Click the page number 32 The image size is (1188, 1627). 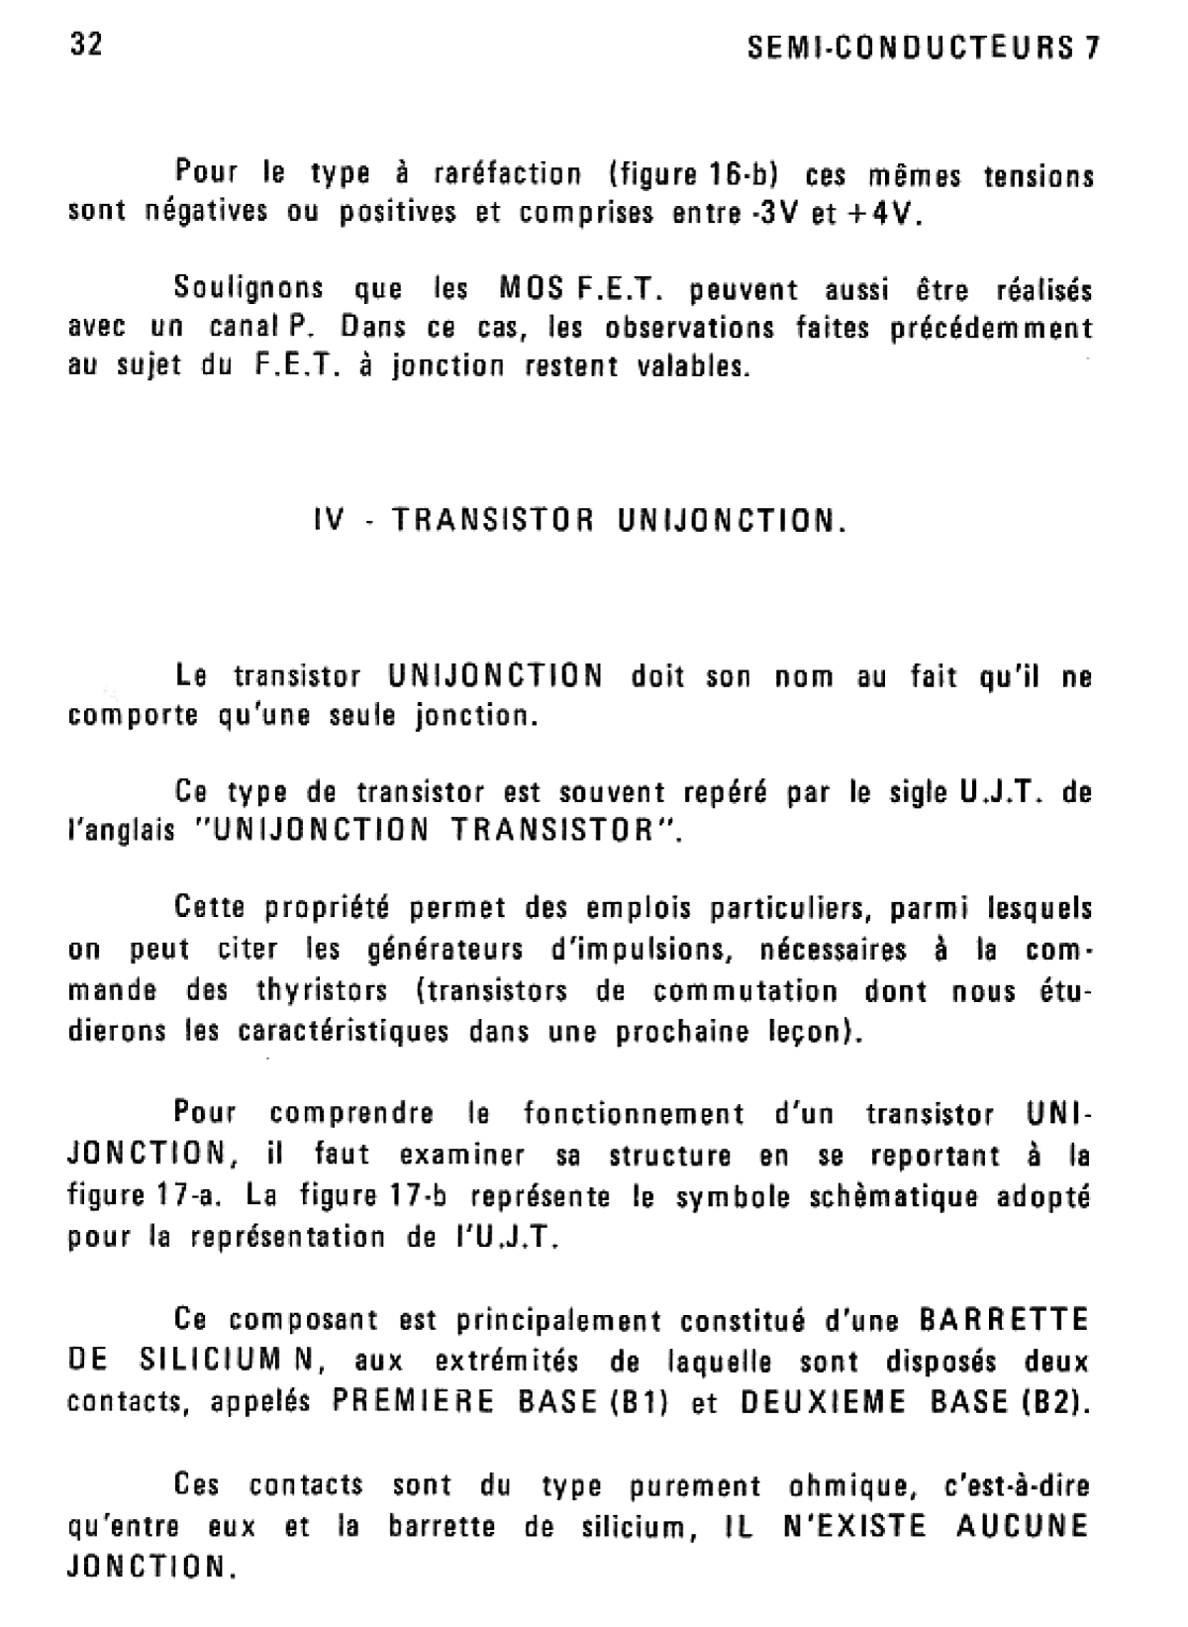(86, 46)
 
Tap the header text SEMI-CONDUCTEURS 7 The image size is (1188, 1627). (925, 49)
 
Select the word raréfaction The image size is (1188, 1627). (508, 174)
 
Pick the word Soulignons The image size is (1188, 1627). (248, 289)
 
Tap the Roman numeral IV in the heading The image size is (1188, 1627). (328, 520)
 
